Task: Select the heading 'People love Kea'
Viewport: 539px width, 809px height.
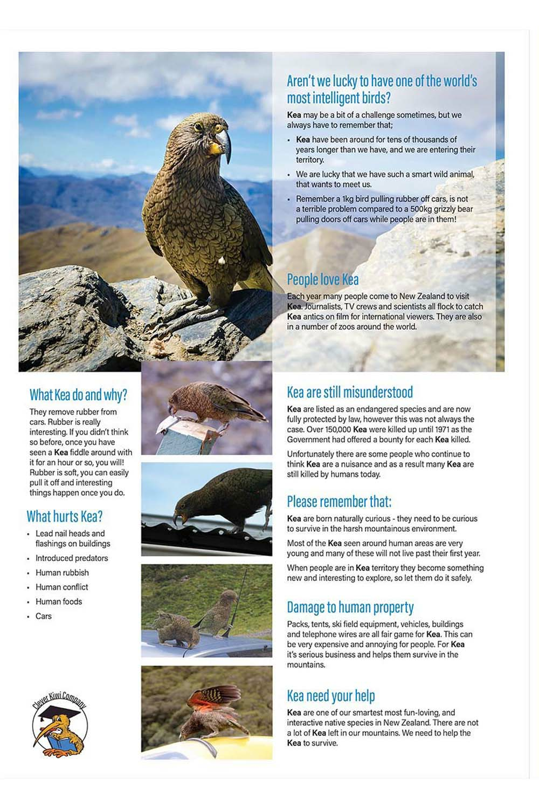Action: point(322,279)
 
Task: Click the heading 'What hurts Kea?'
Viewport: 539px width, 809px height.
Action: point(65,516)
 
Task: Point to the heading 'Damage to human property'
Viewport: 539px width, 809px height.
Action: point(350,607)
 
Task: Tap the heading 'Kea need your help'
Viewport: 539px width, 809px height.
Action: point(331,696)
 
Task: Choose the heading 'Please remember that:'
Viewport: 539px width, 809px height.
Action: point(339,502)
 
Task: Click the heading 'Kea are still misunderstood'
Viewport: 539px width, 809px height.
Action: point(350,392)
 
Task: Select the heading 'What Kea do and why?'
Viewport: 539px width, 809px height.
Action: point(78,395)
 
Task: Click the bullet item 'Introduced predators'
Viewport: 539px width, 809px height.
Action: point(72,558)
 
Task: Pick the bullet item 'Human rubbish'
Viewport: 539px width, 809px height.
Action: point(62,573)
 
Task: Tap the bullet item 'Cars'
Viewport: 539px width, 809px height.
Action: point(44,616)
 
